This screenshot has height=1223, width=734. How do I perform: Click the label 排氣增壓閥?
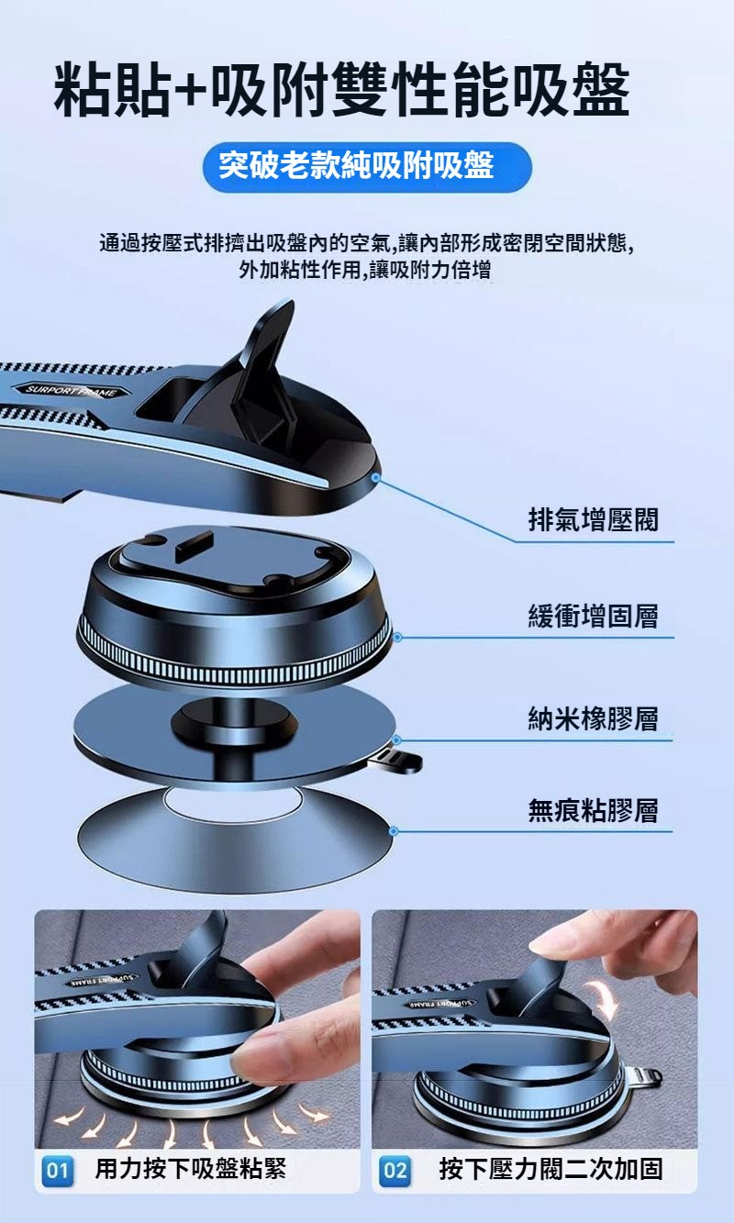[x=593, y=519]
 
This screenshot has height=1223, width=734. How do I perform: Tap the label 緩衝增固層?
[x=593, y=616]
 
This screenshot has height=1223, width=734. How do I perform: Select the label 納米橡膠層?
[x=593, y=718]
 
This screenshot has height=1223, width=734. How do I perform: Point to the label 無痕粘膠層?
[x=593, y=810]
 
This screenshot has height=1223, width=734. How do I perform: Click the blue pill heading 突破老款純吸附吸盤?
[x=367, y=166]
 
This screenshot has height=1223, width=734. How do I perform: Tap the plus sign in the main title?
[x=190, y=91]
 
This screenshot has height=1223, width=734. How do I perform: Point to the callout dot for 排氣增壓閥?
[x=375, y=478]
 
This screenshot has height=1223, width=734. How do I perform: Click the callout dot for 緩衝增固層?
[x=397, y=637]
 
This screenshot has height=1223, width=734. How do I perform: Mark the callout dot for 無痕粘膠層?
[x=394, y=831]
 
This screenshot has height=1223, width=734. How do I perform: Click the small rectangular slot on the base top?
[x=194, y=547]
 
